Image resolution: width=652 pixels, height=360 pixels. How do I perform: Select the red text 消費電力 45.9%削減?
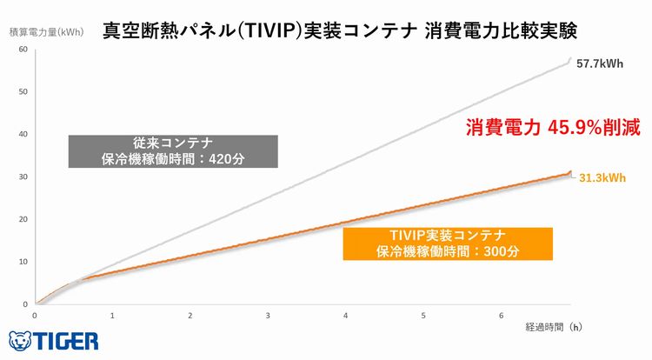[x=552, y=128]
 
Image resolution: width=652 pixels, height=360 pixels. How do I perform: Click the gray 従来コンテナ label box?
[x=173, y=151]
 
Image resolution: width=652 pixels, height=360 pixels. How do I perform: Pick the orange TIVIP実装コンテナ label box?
[x=448, y=243]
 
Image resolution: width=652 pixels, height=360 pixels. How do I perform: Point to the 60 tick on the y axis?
[x=23, y=49]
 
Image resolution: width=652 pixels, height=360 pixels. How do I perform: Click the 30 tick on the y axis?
[x=23, y=177]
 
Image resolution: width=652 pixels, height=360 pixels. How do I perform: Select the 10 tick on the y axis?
[x=23, y=262]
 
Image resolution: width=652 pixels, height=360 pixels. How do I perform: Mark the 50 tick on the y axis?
[x=23, y=91]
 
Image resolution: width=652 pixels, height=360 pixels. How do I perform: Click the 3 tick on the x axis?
[x=268, y=315]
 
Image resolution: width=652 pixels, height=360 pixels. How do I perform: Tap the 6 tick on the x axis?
[x=501, y=315]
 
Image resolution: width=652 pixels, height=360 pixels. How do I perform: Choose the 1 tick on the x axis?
[x=112, y=315]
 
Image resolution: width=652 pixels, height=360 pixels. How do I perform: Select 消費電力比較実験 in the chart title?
[x=502, y=30]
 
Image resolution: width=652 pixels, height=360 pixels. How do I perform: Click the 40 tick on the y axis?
[x=23, y=134]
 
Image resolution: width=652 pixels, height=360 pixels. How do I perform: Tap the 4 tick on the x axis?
[x=345, y=315]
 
